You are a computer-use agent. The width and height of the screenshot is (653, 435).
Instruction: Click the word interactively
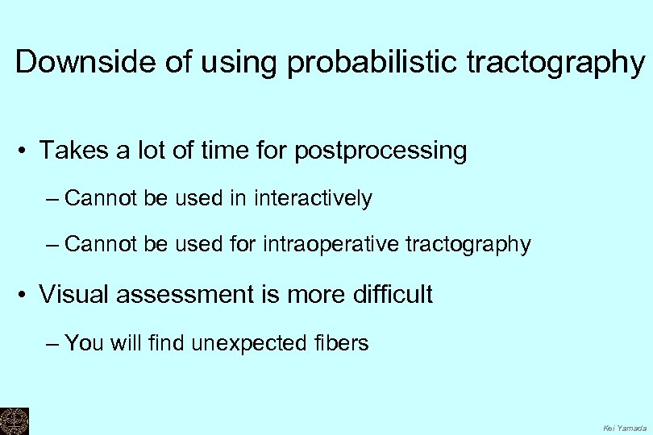click(313, 199)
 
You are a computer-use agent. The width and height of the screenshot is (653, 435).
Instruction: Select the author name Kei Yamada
click(624, 428)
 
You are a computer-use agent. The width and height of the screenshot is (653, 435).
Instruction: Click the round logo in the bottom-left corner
click(14, 420)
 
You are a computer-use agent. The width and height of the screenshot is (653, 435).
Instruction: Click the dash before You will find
click(53, 344)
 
